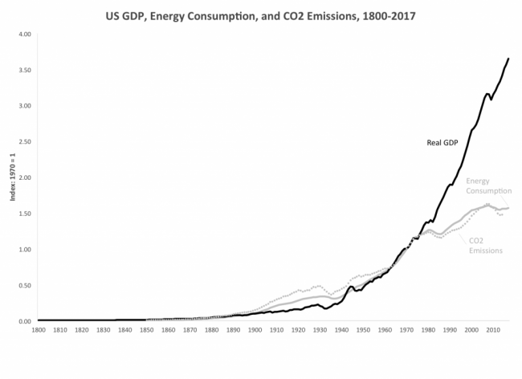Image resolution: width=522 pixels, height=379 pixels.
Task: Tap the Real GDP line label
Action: click(x=442, y=143)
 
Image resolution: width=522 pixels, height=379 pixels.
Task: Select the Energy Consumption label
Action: click(x=488, y=186)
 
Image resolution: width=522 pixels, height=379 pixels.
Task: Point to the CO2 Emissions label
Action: click(x=486, y=246)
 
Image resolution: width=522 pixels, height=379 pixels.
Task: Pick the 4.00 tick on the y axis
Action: click(x=24, y=35)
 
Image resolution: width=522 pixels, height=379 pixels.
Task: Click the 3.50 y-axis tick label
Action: click(x=24, y=71)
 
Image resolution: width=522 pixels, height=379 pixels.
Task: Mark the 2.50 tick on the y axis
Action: click(x=24, y=142)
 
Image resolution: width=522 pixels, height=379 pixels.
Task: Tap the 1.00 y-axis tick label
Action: click(x=24, y=249)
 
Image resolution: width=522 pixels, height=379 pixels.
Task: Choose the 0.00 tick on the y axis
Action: click(x=24, y=321)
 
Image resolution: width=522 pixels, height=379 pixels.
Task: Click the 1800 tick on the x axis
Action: click(x=38, y=330)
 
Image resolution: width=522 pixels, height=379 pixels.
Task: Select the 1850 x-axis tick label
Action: click(x=145, y=330)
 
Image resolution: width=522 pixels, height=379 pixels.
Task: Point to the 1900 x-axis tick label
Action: click(x=255, y=330)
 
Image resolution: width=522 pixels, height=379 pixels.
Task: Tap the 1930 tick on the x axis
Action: click(x=320, y=330)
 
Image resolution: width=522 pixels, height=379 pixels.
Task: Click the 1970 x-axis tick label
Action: click(x=406, y=330)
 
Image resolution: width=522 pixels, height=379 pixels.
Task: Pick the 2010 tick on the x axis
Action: click(x=493, y=330)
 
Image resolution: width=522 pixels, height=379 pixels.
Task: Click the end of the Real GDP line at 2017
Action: click(x=508, y=58)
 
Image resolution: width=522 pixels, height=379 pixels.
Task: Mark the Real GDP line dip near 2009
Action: click(x=491, y=100)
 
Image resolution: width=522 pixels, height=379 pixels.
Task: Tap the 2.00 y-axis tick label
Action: click(x=24, y=177)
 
